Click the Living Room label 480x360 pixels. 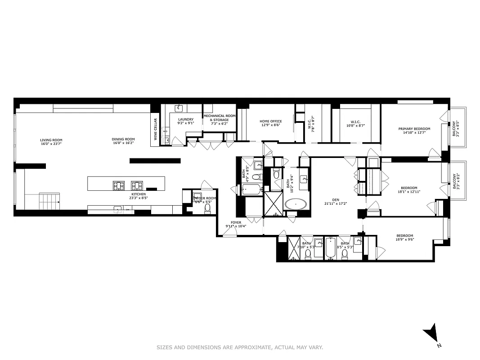point(51,140)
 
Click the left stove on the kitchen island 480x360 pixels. point(119,185)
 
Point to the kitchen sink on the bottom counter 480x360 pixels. point(118,209)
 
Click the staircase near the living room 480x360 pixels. point(49,200)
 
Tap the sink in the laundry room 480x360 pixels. point(179,108)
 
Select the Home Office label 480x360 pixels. point(271,121)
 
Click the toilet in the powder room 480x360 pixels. point(207,208)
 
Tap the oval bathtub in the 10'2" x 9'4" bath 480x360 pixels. point(296,204)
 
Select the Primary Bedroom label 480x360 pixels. point(414,129)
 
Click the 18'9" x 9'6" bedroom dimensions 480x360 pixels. point(404,240)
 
